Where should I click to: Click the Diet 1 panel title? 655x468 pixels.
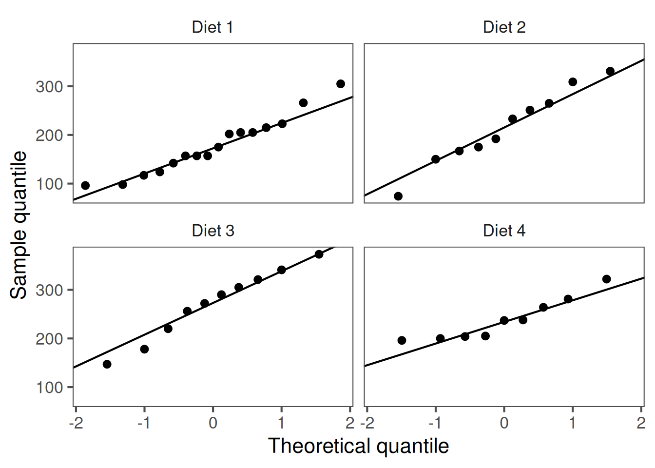[x=212, y=27]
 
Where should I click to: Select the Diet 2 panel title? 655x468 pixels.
[x=504, y=27]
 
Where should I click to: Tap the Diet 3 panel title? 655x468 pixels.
[x=212, y=231]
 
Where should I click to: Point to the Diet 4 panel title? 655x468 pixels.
[x=504, y=231]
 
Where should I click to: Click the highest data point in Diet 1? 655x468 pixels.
[x=341, y=84]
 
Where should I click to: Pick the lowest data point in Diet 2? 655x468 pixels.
[x=398, y=196]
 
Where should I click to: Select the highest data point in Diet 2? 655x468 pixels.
[x=610, y=71]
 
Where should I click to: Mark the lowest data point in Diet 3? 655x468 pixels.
[x=107, y=364]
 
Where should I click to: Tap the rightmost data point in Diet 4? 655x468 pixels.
[x=607, y=279]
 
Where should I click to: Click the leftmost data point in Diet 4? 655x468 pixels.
[x=402, y=340]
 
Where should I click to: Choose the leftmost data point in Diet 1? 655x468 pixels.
[x=85, y=186]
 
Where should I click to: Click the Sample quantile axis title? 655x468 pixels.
[x=19, y=225]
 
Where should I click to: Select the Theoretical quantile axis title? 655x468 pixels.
[x=358, y=446]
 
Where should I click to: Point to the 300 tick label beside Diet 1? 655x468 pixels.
[x=49, y=87]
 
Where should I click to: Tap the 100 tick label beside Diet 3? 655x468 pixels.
[x=49, y=388]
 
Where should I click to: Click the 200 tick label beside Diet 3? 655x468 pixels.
[x=49, y=339]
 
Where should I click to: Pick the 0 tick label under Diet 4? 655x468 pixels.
[x=504, y=423]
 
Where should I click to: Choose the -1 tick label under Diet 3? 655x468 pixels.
[x=143, y=423]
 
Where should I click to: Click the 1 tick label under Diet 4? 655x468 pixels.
[x=573, y=423]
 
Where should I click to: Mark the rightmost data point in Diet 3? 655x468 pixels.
[x=319, y=254]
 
